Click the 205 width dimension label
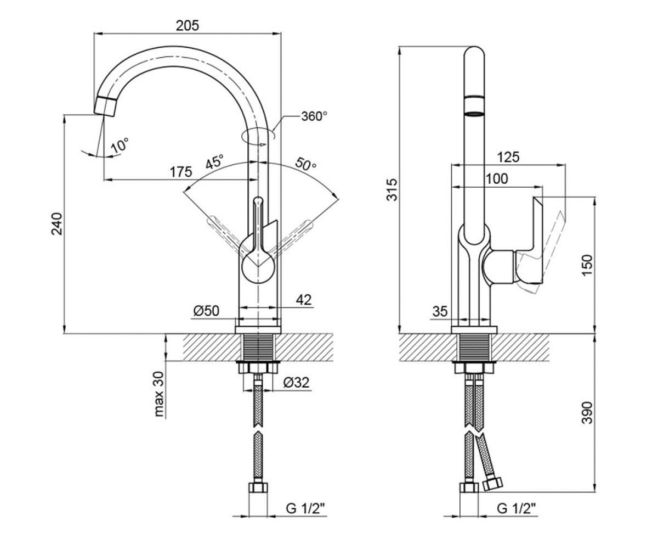coord(188,26)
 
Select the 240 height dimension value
coord(58,224)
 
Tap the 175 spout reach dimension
coord(181,172)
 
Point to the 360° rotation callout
coord(314,116)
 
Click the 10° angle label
coord(120,145)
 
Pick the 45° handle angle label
coord(214,162)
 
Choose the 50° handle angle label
coord(306,164)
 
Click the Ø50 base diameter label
coord(206,311)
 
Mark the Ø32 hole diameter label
coord(296,383)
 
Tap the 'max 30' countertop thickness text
coord(159,394)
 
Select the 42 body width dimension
coord(303,300)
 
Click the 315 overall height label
coord(393,189)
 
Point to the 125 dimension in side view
coord(508,157)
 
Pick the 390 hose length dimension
coord(587,413)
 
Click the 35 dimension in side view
coord(440,312)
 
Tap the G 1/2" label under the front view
coord(305,508)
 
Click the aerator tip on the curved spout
coord(105,107)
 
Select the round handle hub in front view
coord(258,266)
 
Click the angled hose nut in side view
coord(492,484)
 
